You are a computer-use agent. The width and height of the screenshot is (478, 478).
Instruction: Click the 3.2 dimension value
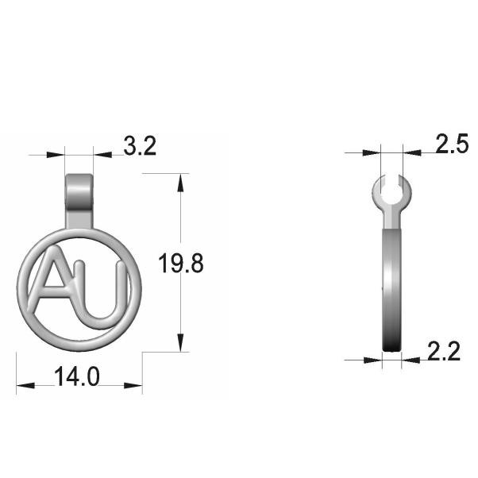140,146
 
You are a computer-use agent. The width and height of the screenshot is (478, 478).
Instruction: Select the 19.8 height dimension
181,264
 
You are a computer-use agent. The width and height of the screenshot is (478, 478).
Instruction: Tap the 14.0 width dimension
76,377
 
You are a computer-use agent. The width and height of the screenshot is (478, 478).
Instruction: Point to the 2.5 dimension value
452,143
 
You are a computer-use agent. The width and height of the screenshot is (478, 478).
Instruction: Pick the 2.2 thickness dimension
444,352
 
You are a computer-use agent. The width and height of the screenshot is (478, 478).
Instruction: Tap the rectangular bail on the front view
79,201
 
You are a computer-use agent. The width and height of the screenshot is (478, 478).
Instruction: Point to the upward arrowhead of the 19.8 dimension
180,183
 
